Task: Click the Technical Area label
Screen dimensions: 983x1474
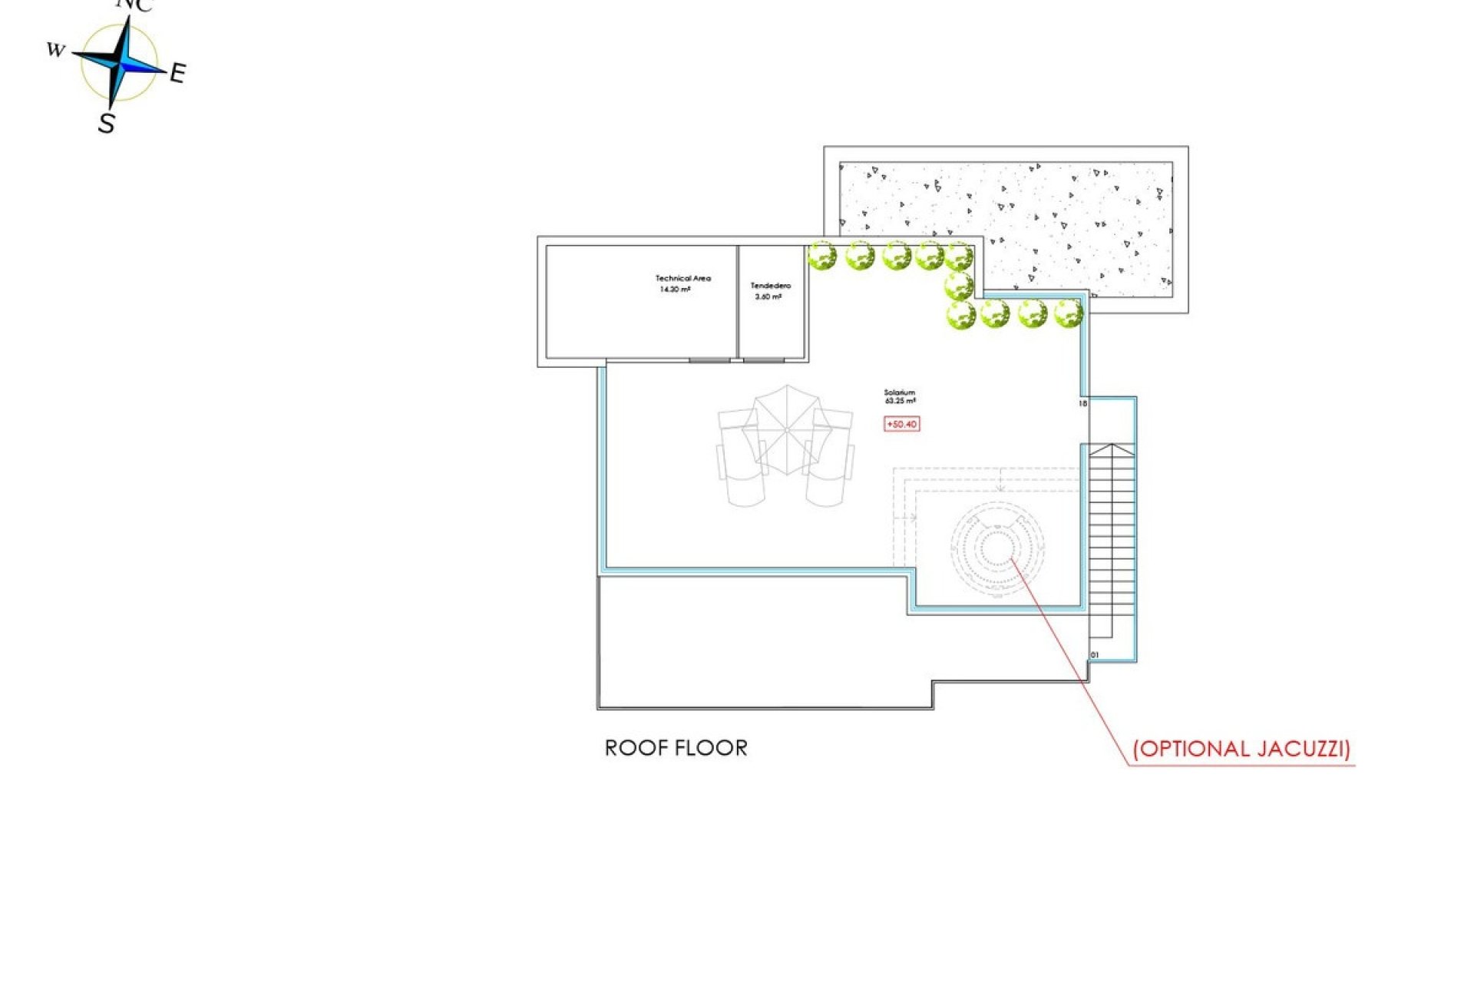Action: coord(682,278)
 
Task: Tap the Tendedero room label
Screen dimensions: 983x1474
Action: coord(770,286)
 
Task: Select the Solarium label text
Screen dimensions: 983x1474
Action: coord(899,392)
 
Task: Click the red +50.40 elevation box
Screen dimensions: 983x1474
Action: coord(901,424)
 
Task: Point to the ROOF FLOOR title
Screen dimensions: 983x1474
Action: coord(676,748)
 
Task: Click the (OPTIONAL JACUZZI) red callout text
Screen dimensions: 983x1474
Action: coord(1241,749)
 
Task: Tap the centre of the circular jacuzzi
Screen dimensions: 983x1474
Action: coord(996,548)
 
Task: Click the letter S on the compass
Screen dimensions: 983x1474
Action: coord(107,123)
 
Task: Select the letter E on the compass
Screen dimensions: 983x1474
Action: coord(177,74)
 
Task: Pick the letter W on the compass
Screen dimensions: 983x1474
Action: coord(55,50)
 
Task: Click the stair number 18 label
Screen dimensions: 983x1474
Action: coord(1082,403)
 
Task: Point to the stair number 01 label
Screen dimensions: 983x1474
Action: coord(1094,655)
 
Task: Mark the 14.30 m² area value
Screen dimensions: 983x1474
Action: coord(675,290)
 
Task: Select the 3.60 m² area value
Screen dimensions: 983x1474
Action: coord(768,296)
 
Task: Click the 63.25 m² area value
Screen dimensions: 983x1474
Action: coord(900,401)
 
